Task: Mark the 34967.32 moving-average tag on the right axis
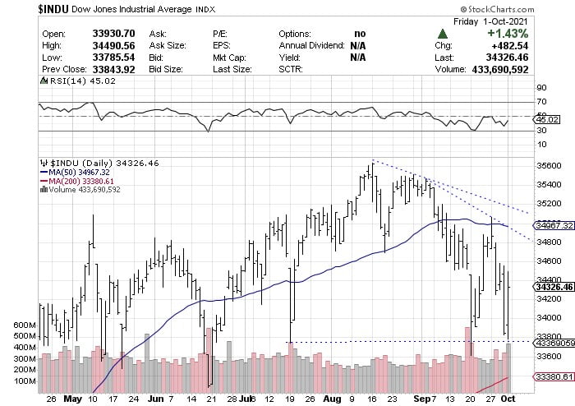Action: [x=552, y=224]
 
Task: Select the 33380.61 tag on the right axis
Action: [x=552, y=376]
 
